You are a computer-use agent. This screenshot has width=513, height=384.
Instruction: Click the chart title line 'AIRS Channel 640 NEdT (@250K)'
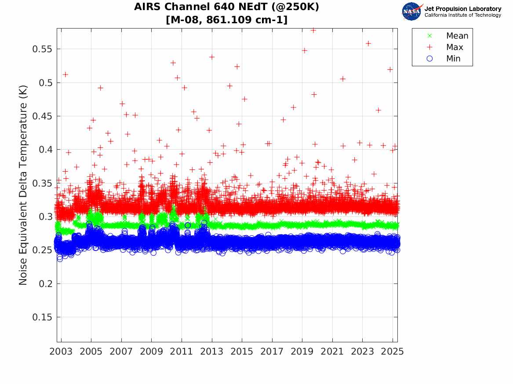[226, 7]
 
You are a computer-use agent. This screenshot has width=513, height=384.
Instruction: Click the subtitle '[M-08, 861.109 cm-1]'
[226, 20]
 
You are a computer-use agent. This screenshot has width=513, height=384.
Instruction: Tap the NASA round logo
[411, 11]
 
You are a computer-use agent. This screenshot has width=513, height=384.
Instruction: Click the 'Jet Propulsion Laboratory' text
[462, 9]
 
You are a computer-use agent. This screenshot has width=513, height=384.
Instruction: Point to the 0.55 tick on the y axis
[43, 49]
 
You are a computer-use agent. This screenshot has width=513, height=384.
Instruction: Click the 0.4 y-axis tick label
[45, 150]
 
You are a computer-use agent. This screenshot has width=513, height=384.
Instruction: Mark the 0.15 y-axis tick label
[43, 317]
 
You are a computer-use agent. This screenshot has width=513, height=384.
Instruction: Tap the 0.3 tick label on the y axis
[45, 217]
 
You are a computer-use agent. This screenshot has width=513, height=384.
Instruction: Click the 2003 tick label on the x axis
[61, 352]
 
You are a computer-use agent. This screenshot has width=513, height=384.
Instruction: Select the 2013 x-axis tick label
[212, 352]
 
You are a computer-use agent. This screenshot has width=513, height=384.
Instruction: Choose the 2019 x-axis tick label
[302, 352]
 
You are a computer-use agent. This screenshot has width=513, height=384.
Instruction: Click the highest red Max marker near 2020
[313, 30]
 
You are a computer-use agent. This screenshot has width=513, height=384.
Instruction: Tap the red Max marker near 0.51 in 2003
[65, 75]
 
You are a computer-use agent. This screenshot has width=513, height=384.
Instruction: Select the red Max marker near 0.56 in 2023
[368, 43]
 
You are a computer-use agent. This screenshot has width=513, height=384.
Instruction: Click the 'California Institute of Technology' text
[462, 15]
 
